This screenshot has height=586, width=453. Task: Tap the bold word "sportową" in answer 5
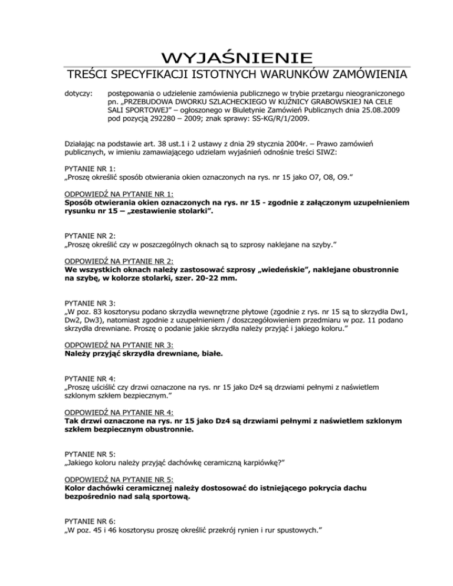pos(169,496)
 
